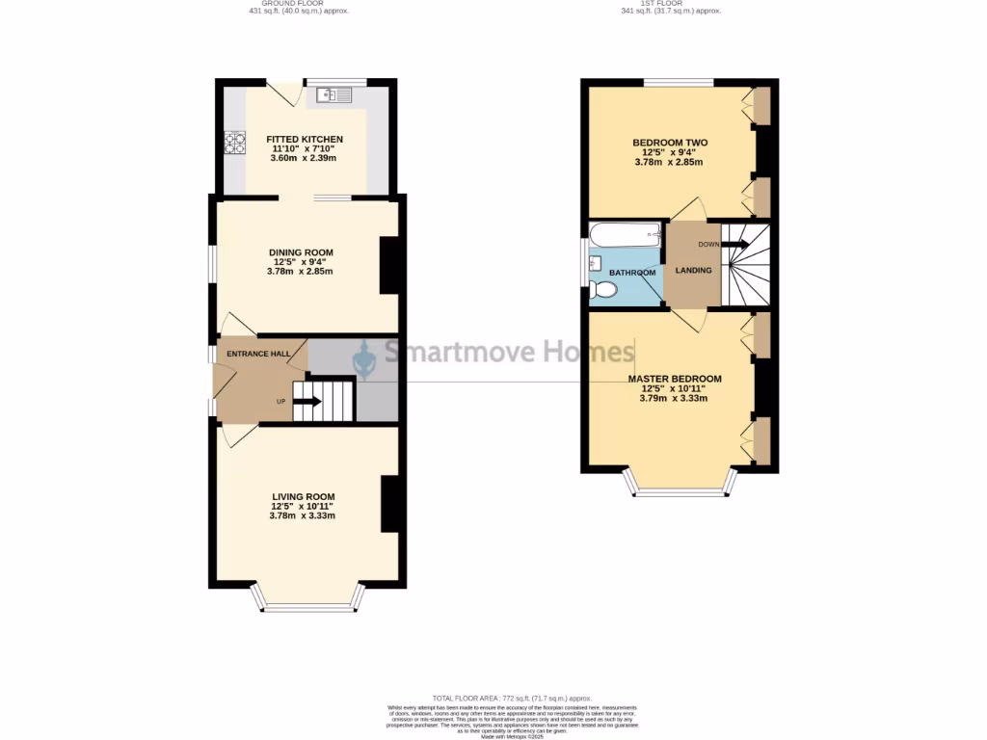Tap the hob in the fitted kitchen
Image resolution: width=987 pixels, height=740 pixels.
point(234,143)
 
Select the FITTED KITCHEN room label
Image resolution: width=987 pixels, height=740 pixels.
point(305,140)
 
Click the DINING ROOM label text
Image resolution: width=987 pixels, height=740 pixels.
point(301,252)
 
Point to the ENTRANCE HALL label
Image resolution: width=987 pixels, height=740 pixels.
point(258,354)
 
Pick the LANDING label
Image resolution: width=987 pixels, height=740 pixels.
point(694,271)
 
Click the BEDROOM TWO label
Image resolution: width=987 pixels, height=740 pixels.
point(669,143)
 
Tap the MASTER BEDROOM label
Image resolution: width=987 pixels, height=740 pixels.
point(674,379)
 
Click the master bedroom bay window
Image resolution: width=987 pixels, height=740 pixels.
point(680,490)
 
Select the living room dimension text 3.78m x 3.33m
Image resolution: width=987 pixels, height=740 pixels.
point(302,516)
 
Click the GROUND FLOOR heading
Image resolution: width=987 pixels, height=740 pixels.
point(299,4)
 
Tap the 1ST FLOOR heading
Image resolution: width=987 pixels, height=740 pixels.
point(670,4)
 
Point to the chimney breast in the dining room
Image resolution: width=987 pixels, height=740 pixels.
point(389,265)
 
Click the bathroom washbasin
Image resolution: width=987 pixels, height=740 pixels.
point(595,262)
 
